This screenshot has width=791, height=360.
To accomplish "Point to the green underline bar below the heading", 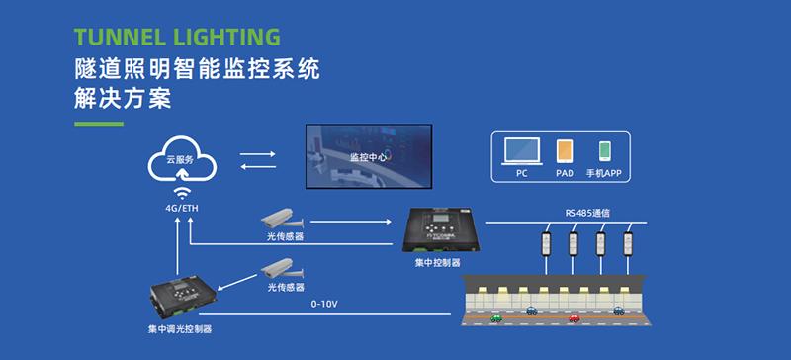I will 99,124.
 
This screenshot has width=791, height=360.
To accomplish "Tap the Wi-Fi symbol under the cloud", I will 180,191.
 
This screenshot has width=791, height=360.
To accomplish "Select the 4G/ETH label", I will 180,209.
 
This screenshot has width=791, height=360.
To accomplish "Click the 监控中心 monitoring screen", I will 368,155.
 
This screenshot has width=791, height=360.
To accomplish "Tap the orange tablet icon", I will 564,151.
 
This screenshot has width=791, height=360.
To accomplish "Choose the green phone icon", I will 604,151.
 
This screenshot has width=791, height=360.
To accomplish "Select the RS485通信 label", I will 586,211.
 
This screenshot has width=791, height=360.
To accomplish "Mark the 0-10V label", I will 324,304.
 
